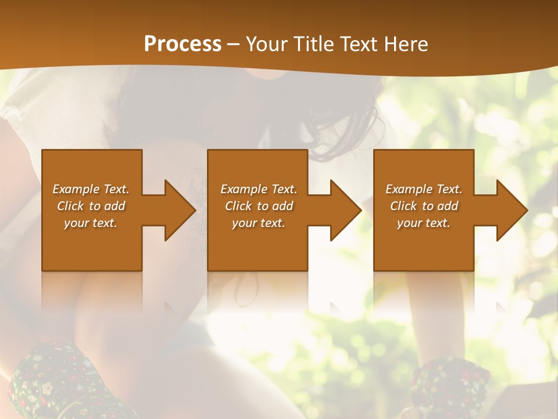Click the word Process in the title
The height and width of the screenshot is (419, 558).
click(x=183, y=44)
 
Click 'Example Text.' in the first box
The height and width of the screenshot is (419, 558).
click(x=91, y=189)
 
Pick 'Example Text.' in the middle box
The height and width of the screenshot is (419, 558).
click(x=259, y=189)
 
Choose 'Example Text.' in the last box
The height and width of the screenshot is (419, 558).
click(x=424, y=189)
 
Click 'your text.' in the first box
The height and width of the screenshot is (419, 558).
click(x=91, y=223)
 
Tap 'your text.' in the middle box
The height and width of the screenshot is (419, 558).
click(x=259, y=223)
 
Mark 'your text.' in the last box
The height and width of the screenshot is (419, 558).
click(x=424, y=223)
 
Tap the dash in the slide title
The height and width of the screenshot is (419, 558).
click(x=234, y=45)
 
